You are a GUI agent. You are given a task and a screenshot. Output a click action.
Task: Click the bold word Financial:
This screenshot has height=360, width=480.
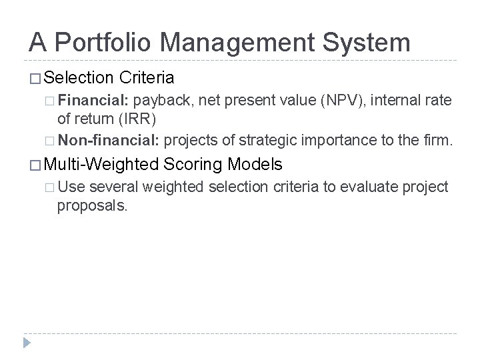(93, 101)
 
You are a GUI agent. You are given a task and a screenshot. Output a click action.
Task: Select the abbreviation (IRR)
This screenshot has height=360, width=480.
(137, 121)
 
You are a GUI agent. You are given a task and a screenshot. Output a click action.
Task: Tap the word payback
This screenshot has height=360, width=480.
(160, 101)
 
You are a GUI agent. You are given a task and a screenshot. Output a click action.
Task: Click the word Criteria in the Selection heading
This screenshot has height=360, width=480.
(147, 78)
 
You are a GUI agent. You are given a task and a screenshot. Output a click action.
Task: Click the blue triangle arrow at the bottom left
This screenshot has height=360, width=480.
(25, 344)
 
